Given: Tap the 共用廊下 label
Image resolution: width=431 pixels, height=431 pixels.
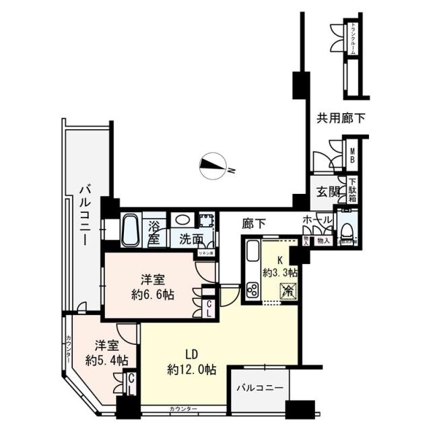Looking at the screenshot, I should (x=341, y=119).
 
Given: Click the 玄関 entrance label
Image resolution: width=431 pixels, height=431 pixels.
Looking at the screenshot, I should (x=328, y=191).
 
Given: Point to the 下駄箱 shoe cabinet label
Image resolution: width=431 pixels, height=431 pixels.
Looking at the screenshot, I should (x=352, y=191).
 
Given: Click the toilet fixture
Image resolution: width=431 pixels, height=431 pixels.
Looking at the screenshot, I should (x=347, y=229).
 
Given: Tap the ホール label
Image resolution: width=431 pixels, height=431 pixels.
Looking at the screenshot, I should (x=317, y=220).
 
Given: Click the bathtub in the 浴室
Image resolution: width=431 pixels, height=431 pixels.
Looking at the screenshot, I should (x=131, y=230).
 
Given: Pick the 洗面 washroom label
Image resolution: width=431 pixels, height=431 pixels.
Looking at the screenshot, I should (x=191, y=238).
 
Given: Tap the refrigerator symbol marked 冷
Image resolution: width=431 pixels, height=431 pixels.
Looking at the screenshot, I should (x=287, y=292).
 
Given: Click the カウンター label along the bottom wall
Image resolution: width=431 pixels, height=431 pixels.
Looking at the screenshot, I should (x=183, y=409).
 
